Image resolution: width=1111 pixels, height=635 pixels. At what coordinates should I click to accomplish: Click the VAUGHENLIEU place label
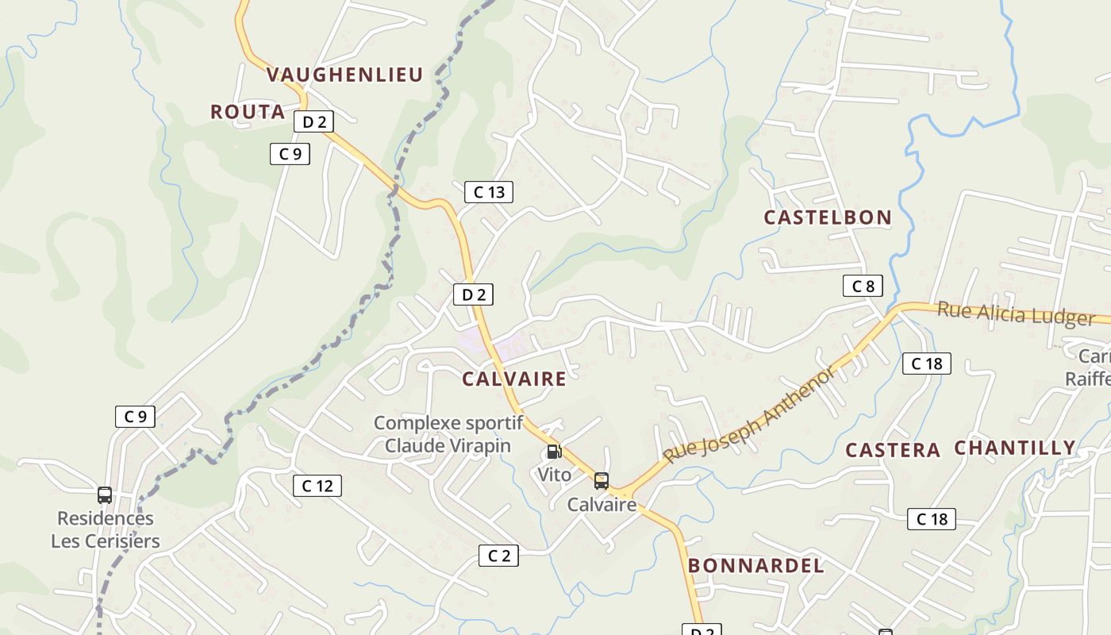344,75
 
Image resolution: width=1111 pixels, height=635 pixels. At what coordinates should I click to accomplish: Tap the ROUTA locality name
248,112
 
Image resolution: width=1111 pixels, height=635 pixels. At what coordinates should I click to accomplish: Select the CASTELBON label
828,217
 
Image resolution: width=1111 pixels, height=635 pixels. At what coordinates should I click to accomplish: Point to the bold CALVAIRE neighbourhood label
514,379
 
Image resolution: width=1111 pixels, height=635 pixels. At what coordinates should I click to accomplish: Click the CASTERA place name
893,451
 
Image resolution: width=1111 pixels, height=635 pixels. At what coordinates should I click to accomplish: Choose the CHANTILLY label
1015,448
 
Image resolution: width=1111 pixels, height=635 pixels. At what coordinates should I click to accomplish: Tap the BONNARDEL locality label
756,566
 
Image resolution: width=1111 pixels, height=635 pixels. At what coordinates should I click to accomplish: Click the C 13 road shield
489,192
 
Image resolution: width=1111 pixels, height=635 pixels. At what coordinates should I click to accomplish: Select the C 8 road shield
863,286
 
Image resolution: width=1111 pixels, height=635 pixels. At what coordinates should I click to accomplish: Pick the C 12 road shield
317,486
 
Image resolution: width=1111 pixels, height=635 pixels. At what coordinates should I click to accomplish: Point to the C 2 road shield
498,556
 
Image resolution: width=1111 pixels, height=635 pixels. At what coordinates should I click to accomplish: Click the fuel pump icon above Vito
554,452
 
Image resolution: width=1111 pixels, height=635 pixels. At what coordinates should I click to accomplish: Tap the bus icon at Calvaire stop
602,480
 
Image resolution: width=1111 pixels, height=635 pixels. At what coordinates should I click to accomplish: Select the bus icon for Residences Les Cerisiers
105,495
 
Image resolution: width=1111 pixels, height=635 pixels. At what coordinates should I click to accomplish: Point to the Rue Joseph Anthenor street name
750,415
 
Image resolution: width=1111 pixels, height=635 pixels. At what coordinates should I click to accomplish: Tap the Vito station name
554,475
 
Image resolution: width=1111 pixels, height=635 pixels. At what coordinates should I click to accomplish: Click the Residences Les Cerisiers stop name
106,530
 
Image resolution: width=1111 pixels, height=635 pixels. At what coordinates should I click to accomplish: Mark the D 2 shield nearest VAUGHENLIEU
313,121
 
